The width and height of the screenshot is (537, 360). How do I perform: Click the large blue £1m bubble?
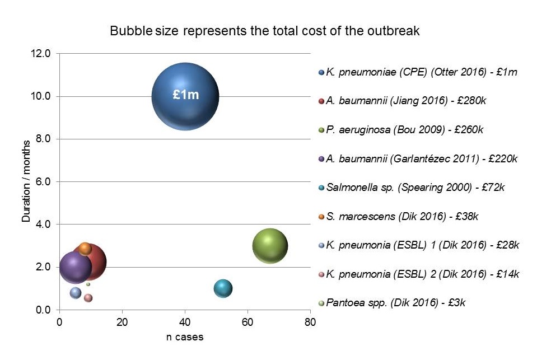[185, 96]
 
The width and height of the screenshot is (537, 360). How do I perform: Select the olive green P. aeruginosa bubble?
[270, 246]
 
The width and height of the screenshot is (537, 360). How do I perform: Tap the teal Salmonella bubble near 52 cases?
[223, 288]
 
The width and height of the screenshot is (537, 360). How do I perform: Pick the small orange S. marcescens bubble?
[85, 249]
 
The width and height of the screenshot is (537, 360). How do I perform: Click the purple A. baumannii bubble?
[76, 268]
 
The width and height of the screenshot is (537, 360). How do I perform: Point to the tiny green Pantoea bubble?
[88, 284]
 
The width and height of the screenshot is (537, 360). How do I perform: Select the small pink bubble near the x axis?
[88, 298]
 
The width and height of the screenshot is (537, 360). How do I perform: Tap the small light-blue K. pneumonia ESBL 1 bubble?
[76, 292]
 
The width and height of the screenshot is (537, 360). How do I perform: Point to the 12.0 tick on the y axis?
[43, 54]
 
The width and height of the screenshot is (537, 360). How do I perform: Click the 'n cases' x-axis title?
[184, 337]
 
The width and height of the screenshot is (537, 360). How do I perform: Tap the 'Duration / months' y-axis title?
[26, 182]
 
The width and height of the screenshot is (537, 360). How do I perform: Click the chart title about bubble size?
[264, 31]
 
